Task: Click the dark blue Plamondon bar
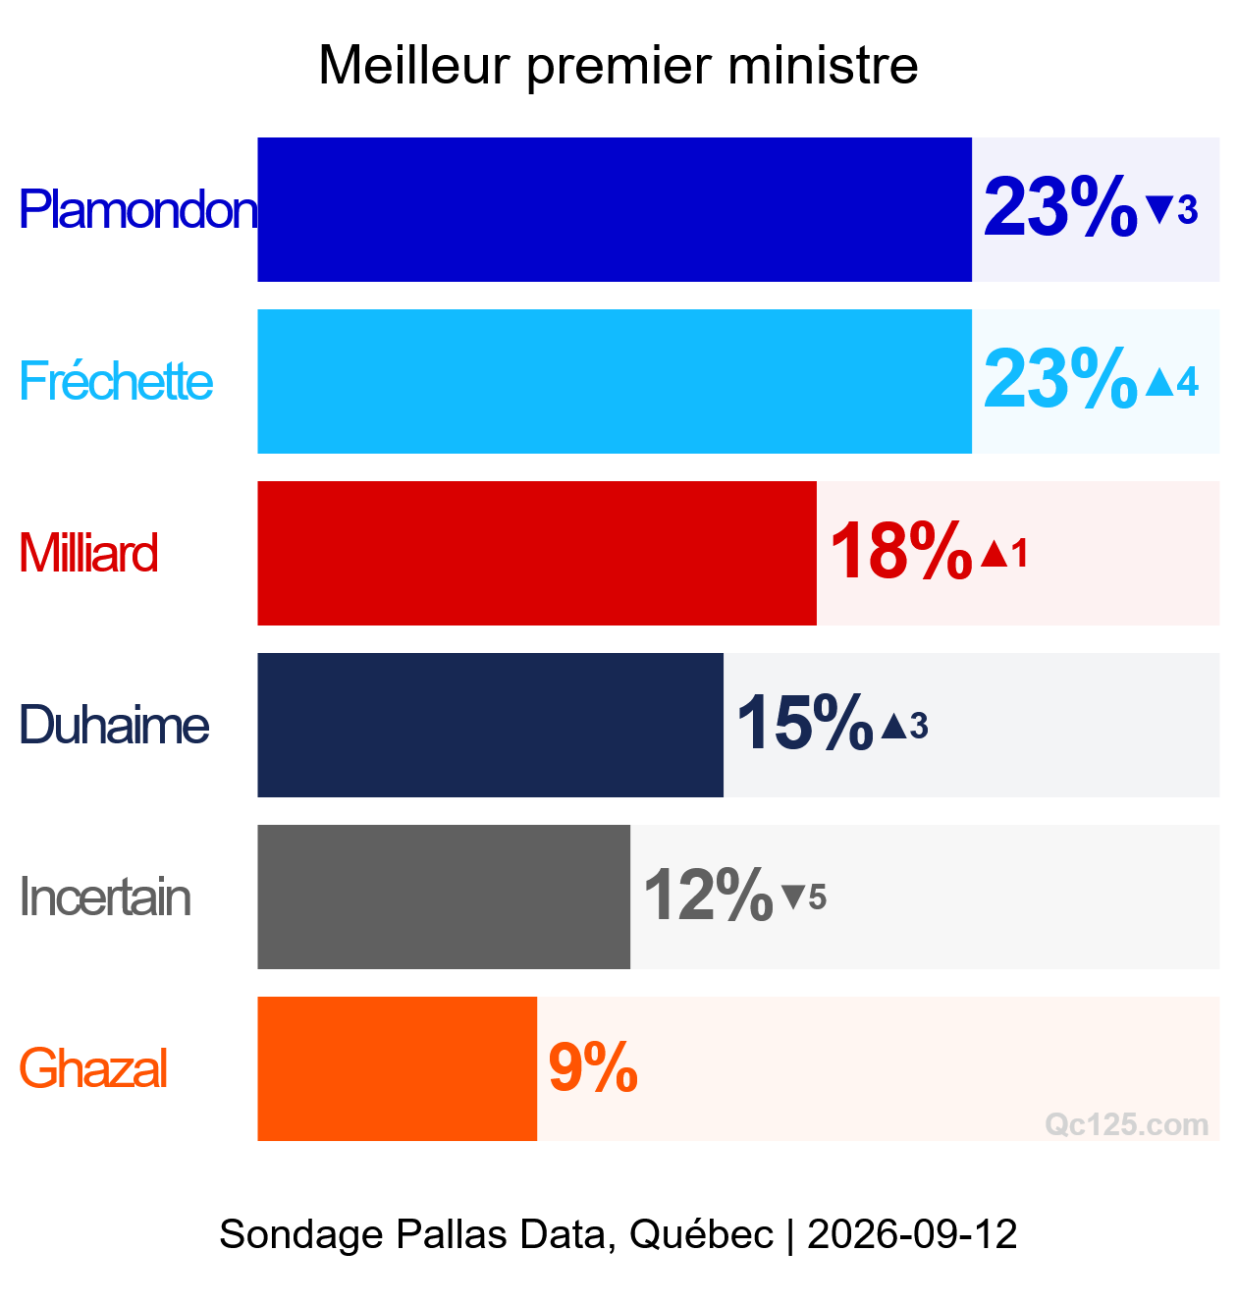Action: click(615, 210)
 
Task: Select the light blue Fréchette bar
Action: click(615, 381)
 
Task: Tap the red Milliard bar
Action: click(537, 554)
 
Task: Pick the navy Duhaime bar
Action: click(490, 725)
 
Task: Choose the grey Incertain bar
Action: click(444, 897)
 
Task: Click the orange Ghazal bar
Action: click(398, 1068)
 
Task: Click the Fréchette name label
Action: click(116, 381)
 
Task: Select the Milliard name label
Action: click(88, 553)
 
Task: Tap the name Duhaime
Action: click(114, 725)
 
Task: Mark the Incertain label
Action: click(105, 897)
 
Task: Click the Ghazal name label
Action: click(93, 1068)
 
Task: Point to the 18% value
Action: click(901, 551)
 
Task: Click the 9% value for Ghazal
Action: click(593, 1067)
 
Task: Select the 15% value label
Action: click(805, 724)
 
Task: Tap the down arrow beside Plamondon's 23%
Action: click(1159, 210)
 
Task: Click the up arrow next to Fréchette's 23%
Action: click(1159, 382)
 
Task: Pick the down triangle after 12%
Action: click(793, 897)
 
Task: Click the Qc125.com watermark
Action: click(1127, 1124)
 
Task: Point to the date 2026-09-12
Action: click(912, 1234)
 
